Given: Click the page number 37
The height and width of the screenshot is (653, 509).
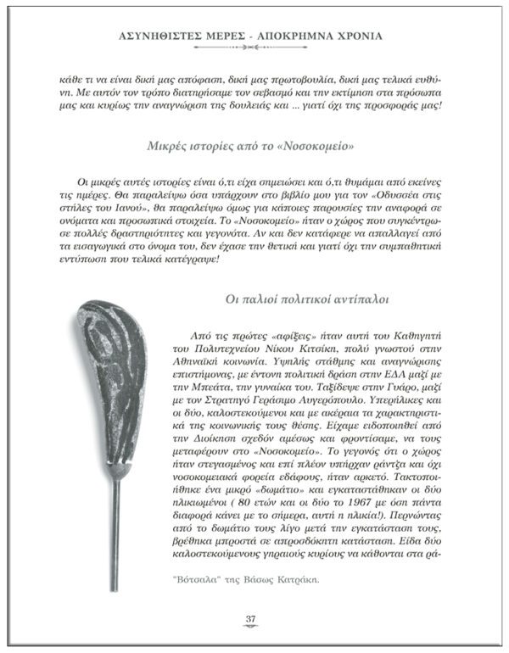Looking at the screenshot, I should (250, 618).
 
